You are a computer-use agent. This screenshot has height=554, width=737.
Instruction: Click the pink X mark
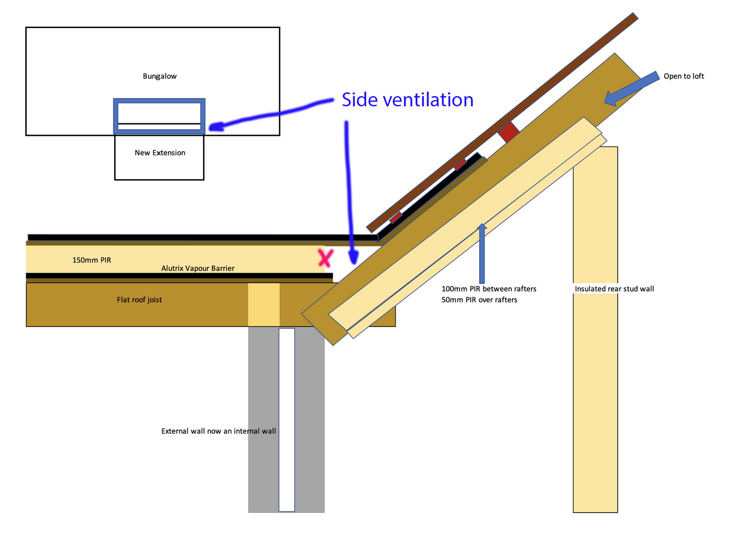325,258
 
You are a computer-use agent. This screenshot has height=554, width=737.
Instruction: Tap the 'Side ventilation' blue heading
407,99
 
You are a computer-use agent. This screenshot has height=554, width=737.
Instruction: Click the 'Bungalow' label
159,76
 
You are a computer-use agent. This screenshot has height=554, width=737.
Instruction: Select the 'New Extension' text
160,153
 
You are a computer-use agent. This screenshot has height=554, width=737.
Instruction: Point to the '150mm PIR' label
92,260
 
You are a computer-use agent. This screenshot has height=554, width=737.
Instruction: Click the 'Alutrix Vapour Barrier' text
198,268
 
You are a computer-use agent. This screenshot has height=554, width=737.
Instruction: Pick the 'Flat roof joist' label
140,300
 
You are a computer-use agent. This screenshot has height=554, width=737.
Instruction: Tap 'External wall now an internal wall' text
219,431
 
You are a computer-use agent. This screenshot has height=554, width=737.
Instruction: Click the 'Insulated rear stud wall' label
614,289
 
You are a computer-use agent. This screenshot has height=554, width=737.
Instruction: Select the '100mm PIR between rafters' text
489,289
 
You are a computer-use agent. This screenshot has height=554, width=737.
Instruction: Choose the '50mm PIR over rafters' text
479,300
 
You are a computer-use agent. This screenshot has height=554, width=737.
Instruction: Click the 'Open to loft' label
684,76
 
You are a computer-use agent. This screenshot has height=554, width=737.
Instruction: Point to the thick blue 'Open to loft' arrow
631,88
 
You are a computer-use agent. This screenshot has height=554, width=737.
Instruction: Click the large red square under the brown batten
509,132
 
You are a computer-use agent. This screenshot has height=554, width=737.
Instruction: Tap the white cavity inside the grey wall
287,420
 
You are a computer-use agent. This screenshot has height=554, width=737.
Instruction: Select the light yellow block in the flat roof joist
263,305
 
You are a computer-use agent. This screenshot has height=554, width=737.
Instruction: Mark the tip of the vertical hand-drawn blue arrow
354,264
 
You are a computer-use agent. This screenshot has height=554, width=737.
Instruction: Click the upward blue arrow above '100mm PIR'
482,253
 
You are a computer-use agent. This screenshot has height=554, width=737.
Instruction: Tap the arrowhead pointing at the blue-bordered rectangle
215,127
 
